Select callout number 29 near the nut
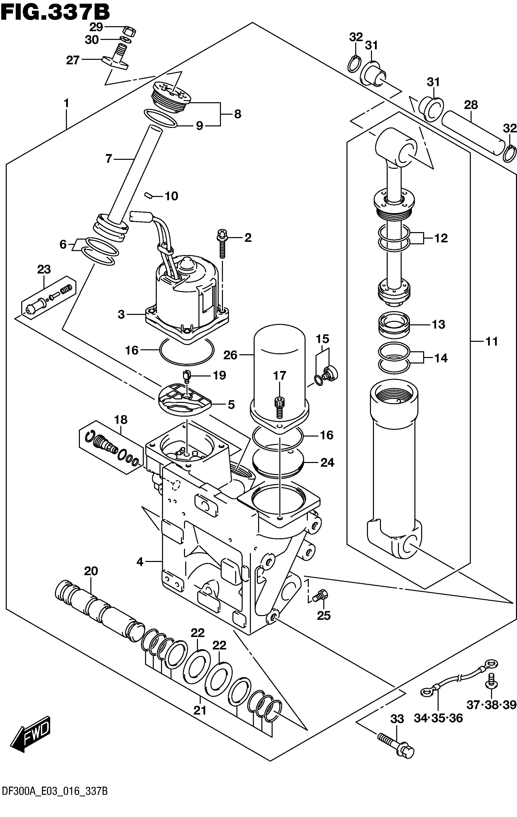96,27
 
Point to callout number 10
171,196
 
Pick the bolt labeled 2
222,243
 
